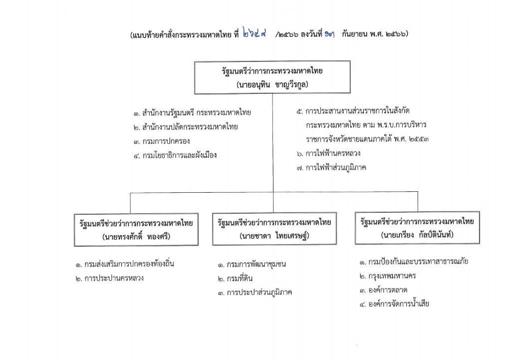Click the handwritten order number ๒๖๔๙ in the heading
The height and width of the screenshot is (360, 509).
point(254,33)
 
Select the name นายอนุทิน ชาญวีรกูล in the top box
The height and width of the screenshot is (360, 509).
point(272,84)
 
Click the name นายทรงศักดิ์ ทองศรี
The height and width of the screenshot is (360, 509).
point(136,236)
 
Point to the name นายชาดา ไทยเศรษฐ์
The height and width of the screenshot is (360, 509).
point(274,236)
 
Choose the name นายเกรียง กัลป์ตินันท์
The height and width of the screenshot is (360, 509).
point(417,234)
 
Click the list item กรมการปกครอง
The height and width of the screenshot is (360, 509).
point(161,141)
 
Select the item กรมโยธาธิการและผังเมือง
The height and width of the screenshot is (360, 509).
point(175,155)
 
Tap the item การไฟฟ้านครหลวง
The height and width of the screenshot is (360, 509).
point(328,153)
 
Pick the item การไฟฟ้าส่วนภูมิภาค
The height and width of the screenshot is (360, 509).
point(331,168)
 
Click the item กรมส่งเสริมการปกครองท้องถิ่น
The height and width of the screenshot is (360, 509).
point(125,264)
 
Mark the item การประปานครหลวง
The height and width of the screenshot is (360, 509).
point(109,278)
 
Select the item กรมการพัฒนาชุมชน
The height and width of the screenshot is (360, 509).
point(252,264)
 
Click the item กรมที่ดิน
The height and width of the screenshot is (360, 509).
point(236,279)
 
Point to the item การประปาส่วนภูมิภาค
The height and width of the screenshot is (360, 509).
point(255,293)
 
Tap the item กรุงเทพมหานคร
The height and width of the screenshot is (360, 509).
point(388,276)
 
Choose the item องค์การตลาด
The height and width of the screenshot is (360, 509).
point(384,290)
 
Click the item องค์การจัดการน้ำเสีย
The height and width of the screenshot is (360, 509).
point(394,304)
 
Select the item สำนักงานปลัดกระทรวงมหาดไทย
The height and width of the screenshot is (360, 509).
point(185,127)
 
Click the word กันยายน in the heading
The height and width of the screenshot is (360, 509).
point(353,33)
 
